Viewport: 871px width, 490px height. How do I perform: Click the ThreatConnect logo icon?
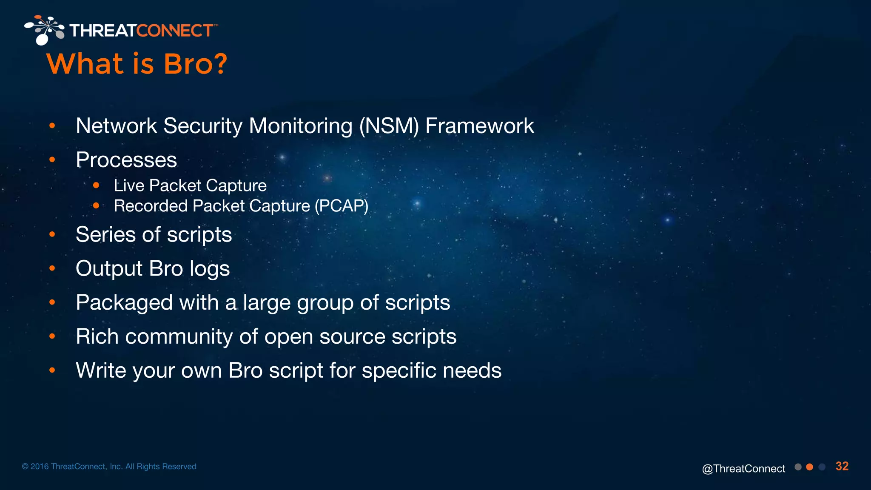click(44, 30)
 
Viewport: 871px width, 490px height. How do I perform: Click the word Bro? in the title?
click(196, 64)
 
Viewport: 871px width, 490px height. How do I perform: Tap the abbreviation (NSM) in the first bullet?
click(389, 126)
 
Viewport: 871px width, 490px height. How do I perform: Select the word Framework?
click(480, 126)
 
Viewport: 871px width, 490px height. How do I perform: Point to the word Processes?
click(126, 160)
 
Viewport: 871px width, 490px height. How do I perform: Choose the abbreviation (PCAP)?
click(342, 206)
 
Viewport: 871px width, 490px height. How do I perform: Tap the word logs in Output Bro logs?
click(210, 269)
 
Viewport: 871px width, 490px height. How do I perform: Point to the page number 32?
click(842, 466)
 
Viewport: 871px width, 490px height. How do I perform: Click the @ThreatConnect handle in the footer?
click(743, 468)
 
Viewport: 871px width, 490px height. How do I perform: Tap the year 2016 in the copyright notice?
click(40, 467)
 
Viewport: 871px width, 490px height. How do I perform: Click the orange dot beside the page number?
click(810, 467)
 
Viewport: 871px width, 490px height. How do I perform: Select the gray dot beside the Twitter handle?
click(798, 467)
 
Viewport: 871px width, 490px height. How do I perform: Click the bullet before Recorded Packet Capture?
click(96, 206)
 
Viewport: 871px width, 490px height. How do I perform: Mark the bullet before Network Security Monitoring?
click(52, 126)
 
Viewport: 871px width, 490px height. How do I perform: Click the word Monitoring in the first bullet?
click(301, 126)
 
